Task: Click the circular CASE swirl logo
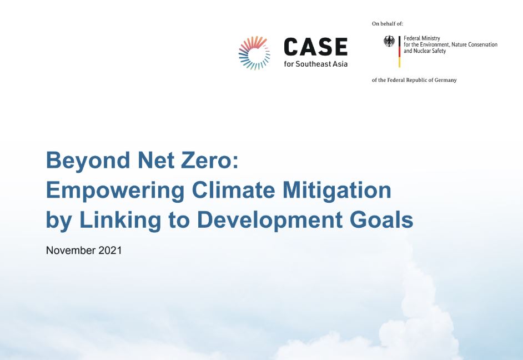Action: [x=254, y=53]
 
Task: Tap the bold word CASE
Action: [x=315, y=47]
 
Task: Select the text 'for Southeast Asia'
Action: [x=315, y=64]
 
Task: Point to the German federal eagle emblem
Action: [x=389, y=41]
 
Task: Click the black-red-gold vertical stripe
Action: [x=399, y=52]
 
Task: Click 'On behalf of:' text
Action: [x=387, y=24]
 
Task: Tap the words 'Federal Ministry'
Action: [x=421, y=38]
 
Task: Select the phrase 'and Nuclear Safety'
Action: [x=425, y=51]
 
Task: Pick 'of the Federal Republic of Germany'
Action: [x=414, y=80]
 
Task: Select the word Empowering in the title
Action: [x=115, y=191]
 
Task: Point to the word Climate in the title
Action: [x=234, y=190]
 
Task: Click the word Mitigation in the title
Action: [x=337, y=191]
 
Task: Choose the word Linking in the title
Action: [x=120, y=221]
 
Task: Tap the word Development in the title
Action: [x=270, y=221]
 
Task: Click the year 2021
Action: [x=110, y=250]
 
